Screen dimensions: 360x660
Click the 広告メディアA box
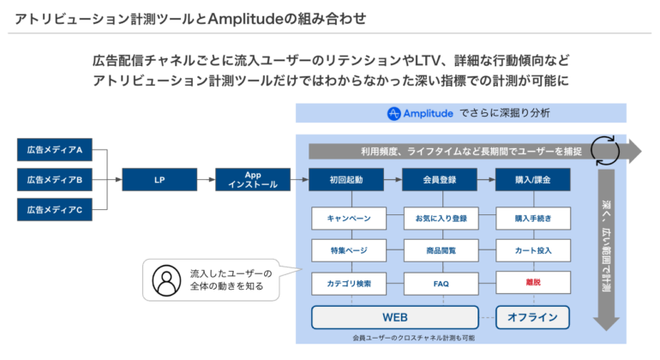(53, 151)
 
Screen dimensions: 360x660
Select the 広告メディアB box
(53, 180)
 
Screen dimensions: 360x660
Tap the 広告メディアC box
(53, 209)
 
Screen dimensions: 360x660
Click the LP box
(159, 180)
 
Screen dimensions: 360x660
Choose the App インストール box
(252, 180)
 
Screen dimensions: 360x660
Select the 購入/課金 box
(532, 180)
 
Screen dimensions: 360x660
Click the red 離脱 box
(532, 282)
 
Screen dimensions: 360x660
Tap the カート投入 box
(532, 250)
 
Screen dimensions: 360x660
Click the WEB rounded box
(394, 317)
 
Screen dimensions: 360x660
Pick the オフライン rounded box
(532, 317)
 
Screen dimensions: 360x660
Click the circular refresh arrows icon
(607, 149)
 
